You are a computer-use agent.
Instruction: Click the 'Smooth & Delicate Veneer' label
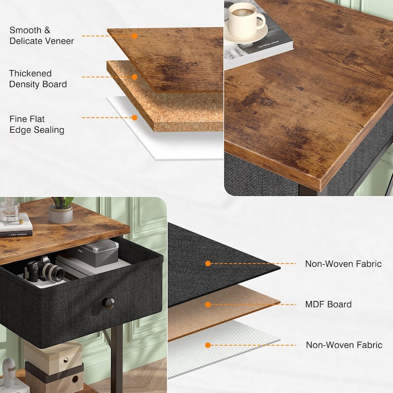coord(41,35)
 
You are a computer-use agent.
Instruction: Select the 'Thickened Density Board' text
coord(38,79)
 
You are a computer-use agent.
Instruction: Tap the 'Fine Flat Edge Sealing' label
coord(37,124)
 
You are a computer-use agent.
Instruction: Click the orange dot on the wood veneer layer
coord(134,36)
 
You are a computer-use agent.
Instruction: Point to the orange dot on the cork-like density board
coord(134,77)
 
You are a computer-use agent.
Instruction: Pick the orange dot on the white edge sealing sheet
coord(134,117)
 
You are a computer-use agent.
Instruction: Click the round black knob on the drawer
coord(109,303)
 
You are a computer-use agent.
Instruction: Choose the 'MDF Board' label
coord(328,305)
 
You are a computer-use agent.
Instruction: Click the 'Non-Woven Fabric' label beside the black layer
coord(343,264)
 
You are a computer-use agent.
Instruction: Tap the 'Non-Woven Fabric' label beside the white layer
coord(344,345)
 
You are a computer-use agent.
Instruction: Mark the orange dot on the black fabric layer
coord(208,264)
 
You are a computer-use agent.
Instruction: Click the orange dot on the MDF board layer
coord(208,305)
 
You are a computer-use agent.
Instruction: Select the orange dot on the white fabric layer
coord(208,345)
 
